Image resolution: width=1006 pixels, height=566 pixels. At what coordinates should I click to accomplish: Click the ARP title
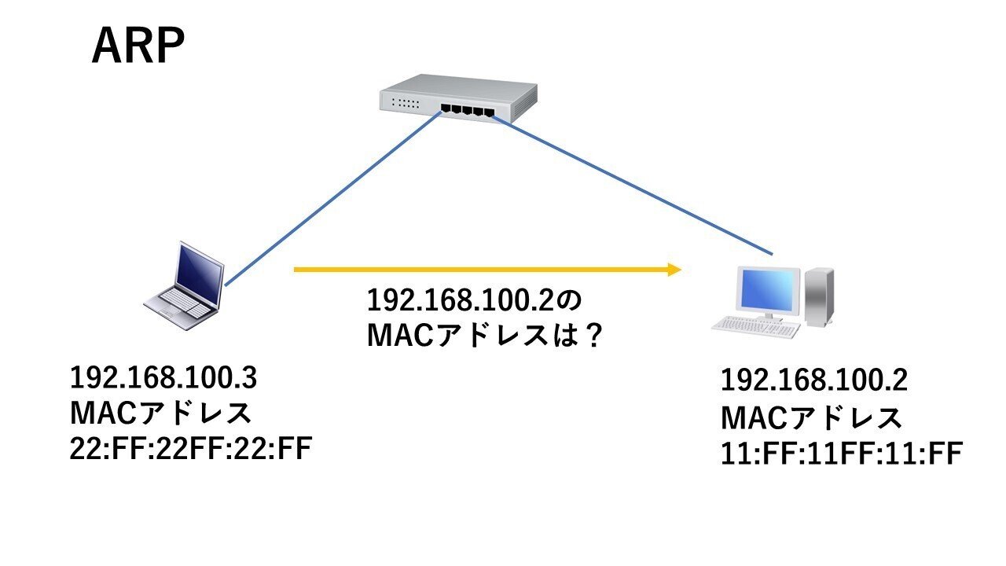coord(138,47)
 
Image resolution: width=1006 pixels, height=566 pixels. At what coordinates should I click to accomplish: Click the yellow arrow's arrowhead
coord(672,270)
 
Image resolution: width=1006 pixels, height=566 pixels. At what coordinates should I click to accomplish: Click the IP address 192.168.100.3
coord(163,378)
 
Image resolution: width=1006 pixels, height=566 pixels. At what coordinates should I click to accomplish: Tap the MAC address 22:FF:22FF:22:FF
coord(191,450)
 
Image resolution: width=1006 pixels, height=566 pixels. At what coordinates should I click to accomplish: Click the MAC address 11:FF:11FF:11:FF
coord(842,454)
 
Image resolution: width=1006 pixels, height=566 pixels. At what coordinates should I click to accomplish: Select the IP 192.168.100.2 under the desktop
coord(814,381)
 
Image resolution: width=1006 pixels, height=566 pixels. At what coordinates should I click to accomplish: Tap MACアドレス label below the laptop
coord(161,414)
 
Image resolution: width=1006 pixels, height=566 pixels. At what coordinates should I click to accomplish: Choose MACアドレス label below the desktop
coord(812,417)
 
